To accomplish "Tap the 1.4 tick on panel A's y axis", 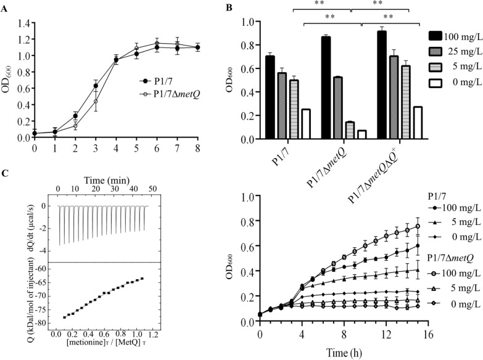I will (x=23, y=23).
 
